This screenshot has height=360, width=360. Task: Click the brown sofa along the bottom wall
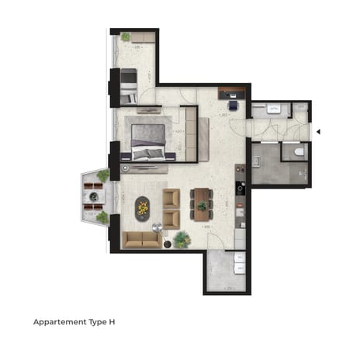pos(141,238)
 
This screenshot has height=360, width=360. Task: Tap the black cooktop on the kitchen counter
pos(241,187)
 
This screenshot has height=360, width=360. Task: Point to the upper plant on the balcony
pos(103,175)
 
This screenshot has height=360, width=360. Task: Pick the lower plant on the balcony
pos(102,218)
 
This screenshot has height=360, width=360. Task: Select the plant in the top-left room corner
pos(125,36)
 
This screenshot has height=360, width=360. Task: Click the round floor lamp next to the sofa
pos(157,227)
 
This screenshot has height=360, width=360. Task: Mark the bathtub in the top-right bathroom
pos(274,109)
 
